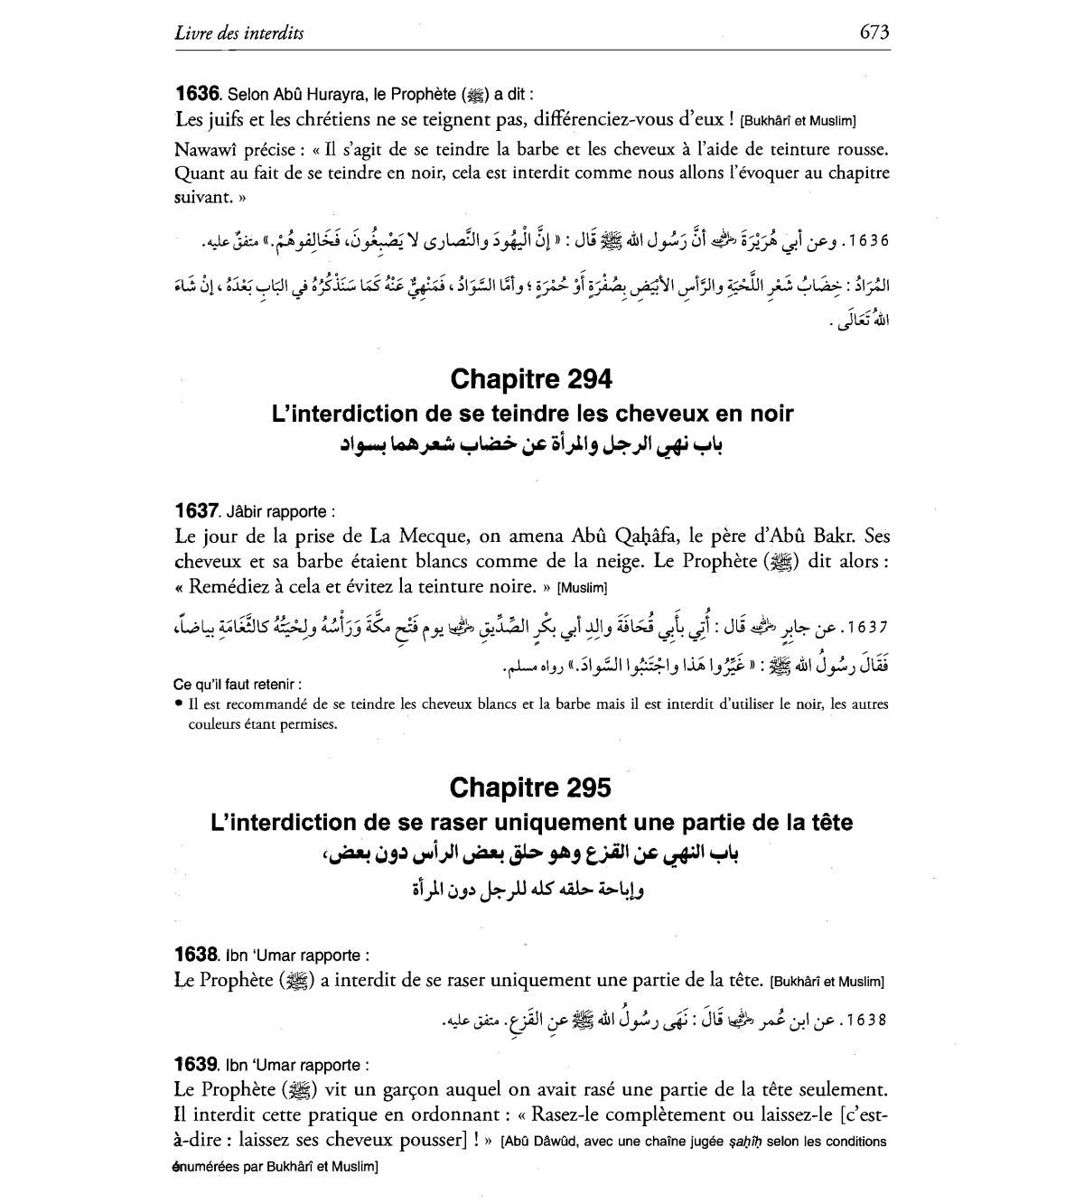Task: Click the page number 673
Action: point(874,33)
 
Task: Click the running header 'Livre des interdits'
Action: point(239,33)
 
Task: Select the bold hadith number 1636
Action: point(197,93)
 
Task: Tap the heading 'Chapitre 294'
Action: point(530,379)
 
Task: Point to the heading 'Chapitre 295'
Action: point(530,788)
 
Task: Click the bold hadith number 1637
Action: point(197,511)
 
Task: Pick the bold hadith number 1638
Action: point(197,955)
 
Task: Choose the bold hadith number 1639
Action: point(197,1065)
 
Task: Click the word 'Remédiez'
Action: point(227,586)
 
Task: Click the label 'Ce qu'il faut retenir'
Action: point(237,684)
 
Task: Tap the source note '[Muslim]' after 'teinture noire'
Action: point(582,588)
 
